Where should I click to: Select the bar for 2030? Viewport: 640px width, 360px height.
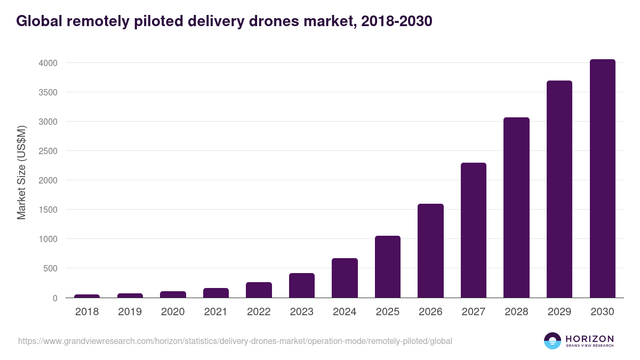coord(602,179)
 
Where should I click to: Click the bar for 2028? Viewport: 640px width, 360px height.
coord(516,207)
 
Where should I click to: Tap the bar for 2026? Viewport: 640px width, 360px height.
coord(430,251)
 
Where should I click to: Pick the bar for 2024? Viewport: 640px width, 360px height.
coord(345,278)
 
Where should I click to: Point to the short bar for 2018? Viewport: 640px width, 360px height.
coord(87,296)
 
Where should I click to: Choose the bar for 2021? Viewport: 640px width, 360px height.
coord(215,293)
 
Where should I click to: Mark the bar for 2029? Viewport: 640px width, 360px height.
coord(559,189)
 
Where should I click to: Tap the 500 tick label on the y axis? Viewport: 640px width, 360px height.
coord(50,268)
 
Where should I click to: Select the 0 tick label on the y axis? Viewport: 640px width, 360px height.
coord(54,298)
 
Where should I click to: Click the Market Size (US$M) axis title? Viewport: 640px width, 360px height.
coord(21,172)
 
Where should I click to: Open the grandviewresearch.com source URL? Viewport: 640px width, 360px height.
coord(235,341)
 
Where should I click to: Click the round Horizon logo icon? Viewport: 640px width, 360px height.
coord(553,341)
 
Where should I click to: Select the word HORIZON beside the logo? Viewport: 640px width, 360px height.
coord(589,338)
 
